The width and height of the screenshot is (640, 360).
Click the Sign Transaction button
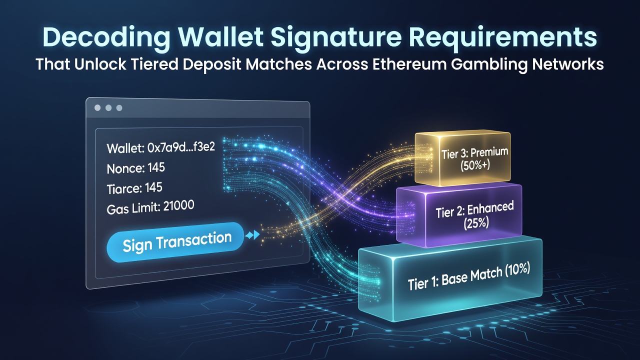pos(175,242)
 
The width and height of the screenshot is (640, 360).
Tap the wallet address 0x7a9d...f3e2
pos(181,147)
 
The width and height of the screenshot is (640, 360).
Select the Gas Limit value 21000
pos(178,206)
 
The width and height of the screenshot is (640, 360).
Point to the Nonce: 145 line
pos(135,168)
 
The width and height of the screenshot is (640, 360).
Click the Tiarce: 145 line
pos(134,188)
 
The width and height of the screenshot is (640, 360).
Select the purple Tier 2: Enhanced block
pos(459,215)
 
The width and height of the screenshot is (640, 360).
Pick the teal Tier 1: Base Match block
pos(450,278)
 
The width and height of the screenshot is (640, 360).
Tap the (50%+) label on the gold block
pos(475,165)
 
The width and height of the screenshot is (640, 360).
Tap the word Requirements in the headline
pos(503,37)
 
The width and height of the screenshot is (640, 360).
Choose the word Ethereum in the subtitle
pos(409,64)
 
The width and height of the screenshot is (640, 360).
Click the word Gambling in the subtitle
pos(489,65)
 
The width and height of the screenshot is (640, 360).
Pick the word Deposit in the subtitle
pos(212,65)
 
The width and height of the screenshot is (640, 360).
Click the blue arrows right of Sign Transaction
pos(252,235)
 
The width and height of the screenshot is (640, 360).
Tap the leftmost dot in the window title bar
pos(97,107)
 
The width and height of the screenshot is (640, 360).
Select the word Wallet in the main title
pos(220,37)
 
